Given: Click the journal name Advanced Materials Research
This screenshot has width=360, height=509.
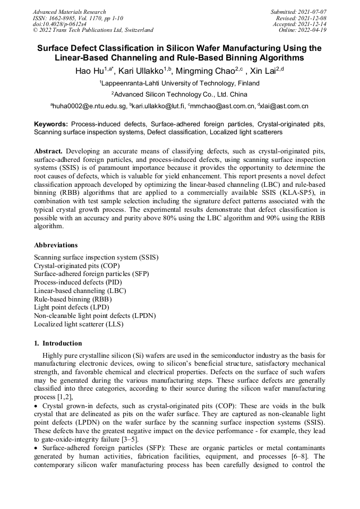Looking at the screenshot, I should pos(69,12).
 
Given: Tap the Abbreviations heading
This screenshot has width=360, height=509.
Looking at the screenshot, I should pos(56,245).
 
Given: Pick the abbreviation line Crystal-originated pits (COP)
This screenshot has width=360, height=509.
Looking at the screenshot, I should pos(77,265).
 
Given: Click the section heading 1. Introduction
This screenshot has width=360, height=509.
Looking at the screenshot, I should pos(58,343).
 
